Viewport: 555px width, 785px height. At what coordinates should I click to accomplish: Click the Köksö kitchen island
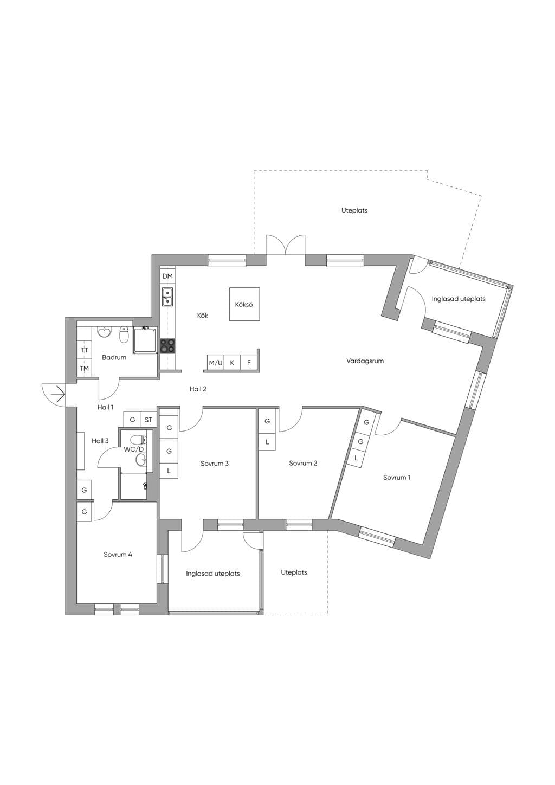244,304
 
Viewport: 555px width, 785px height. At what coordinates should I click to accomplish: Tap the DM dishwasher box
168,276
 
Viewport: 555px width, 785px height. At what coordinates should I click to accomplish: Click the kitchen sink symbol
167,297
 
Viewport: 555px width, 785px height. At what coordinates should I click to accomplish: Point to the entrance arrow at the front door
58,395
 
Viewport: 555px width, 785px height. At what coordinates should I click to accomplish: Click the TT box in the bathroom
84,350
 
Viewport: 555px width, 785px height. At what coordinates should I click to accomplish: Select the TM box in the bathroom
84,368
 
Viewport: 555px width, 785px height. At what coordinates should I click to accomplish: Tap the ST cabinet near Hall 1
149,420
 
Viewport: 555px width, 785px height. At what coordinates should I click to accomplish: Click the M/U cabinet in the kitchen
216,363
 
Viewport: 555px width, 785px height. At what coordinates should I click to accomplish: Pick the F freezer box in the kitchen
249,363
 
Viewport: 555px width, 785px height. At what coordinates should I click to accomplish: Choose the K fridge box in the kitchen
233,363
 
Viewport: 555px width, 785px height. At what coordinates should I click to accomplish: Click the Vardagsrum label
365,361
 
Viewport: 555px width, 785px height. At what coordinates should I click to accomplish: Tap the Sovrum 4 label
118,555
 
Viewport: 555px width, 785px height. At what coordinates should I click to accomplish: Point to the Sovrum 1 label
397,477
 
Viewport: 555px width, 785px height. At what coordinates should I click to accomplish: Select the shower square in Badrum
145,339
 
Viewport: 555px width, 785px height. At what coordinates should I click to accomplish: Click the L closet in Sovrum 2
267,442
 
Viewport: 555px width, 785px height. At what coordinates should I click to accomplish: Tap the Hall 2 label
198,389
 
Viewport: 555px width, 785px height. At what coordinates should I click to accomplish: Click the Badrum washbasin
104,332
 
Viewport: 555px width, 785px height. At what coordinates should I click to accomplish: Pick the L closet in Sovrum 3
169,471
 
